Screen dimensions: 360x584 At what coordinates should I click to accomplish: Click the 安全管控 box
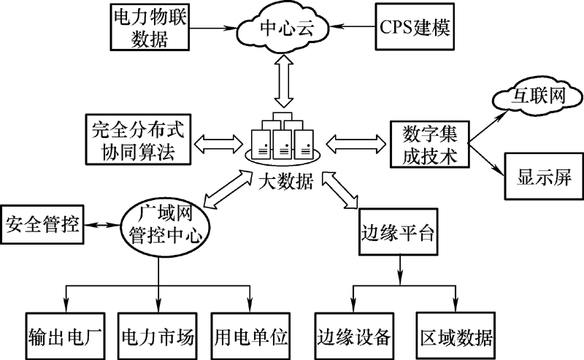click(42, 221)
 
